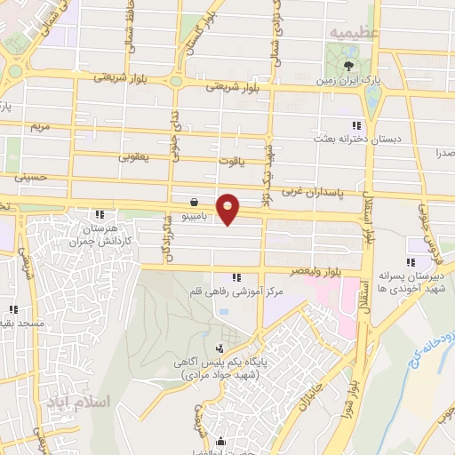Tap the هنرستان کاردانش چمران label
(101, 235)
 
